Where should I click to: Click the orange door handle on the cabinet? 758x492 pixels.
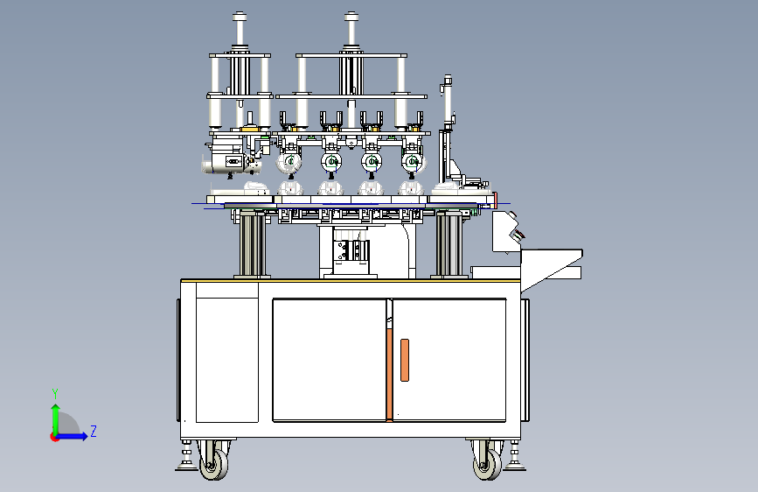405,360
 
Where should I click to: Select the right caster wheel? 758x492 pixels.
487,464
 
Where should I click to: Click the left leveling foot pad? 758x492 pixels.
186,467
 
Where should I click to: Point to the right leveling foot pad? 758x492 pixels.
514,467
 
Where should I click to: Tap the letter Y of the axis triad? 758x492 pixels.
55,393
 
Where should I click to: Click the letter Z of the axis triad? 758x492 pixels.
94,431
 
